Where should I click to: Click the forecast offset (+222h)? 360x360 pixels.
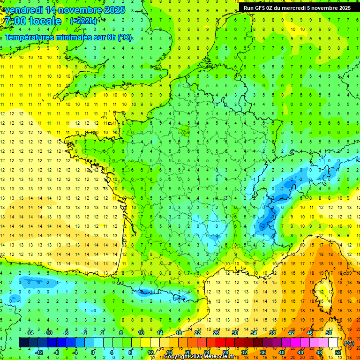83,21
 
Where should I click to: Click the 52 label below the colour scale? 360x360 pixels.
338,352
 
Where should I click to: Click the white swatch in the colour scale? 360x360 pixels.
333,342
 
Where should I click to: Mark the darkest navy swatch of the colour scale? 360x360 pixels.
24,342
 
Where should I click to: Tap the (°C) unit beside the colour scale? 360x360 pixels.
349,343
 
